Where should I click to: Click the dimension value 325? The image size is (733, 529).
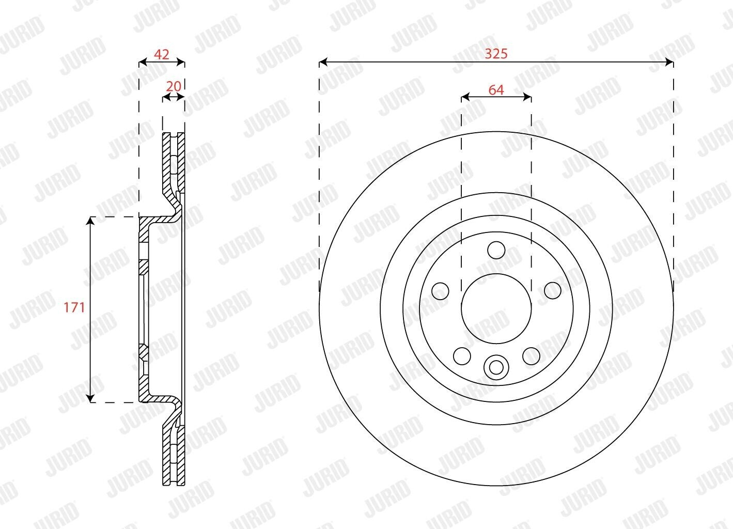496,54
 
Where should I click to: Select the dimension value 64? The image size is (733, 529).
496,90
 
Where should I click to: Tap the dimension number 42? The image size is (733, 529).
161,54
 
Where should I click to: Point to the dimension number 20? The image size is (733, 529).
174,86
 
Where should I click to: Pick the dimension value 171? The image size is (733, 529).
74,307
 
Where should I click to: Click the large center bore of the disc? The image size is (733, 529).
496,309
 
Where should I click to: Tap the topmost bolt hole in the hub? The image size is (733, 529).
496,250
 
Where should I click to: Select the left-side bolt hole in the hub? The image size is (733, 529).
441,291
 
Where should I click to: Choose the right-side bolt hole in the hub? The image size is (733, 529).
552,290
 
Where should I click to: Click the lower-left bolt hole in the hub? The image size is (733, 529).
462,356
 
